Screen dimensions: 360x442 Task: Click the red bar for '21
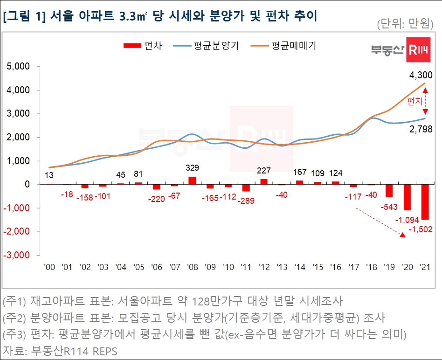pyautogui.click(x=425, y=202)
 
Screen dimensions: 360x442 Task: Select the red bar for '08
pyautogui.click(x=192, y=180)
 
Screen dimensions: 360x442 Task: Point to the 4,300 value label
pyautogui.click(x=421, y=75)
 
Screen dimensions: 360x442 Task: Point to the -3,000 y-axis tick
pyautogui.click(x=17, y=256)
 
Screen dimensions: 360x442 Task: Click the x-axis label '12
pyautogui.click(x=263, y=267)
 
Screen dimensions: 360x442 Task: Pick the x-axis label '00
pyautogui.click(x=49, y=267)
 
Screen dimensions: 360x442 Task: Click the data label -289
pyautogui.click(x=246, y=201)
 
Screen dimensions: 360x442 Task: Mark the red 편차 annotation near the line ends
pyautogui.click(x=414, y=101)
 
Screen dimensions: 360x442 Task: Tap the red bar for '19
pyautogui.click(x=389, y=191)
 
